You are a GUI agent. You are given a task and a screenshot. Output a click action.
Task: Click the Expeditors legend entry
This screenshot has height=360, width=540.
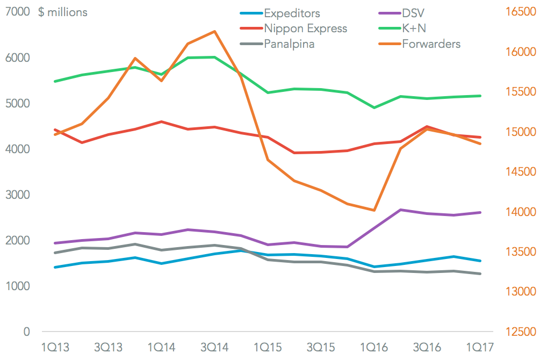[x=293, y=12]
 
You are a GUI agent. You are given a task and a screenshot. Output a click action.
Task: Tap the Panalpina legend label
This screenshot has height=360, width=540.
[x=289, y=44]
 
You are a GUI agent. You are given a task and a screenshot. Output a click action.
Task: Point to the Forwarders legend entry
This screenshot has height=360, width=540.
[x=431, y=44]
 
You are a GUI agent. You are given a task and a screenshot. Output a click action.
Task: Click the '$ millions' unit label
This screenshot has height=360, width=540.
[x=62, y=12]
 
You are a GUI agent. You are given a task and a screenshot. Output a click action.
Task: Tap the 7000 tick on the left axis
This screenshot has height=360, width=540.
[x=18, y=12]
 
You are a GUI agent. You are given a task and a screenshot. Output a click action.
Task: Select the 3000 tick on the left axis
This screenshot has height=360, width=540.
[x=18, y=195]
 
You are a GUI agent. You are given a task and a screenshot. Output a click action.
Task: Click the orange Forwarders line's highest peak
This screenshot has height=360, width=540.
[x=214, y=31]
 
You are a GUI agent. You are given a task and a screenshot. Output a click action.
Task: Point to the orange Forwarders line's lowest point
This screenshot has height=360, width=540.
[x=374, y=210]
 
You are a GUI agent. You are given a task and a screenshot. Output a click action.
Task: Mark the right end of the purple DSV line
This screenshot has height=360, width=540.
[x=480, y=212]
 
